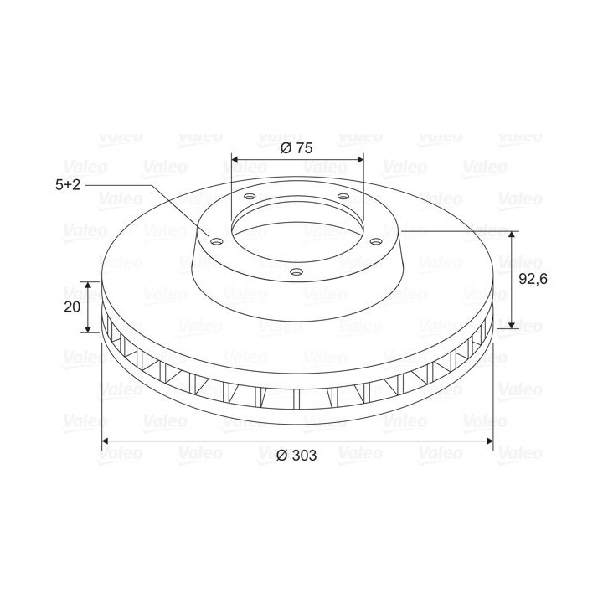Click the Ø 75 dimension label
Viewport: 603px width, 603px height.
click(296, 148)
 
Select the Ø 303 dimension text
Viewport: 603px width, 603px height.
click(296, 456)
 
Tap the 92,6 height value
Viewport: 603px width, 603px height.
click(533, 279)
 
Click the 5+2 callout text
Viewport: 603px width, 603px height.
click(68, 185)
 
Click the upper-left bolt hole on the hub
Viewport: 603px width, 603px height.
click(250, 197)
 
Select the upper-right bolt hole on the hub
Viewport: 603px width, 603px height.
click(343, 197)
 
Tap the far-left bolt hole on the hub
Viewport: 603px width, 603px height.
click(217, 241)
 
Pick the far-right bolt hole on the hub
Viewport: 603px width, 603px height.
click(376, 241)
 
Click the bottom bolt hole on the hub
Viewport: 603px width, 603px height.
click(296, 272)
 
